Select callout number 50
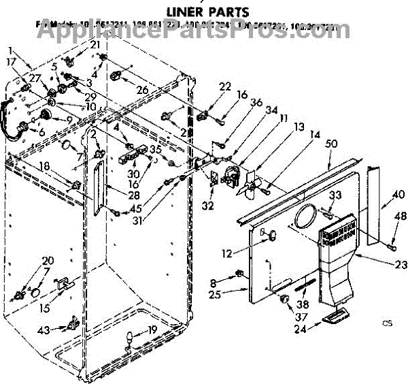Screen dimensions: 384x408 pyautogui.click(x=332, y=144)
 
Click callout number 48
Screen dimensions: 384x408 pyautogui.click(x=401, y=217)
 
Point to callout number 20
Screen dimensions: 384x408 pyautogui.click(x=47, y=261)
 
